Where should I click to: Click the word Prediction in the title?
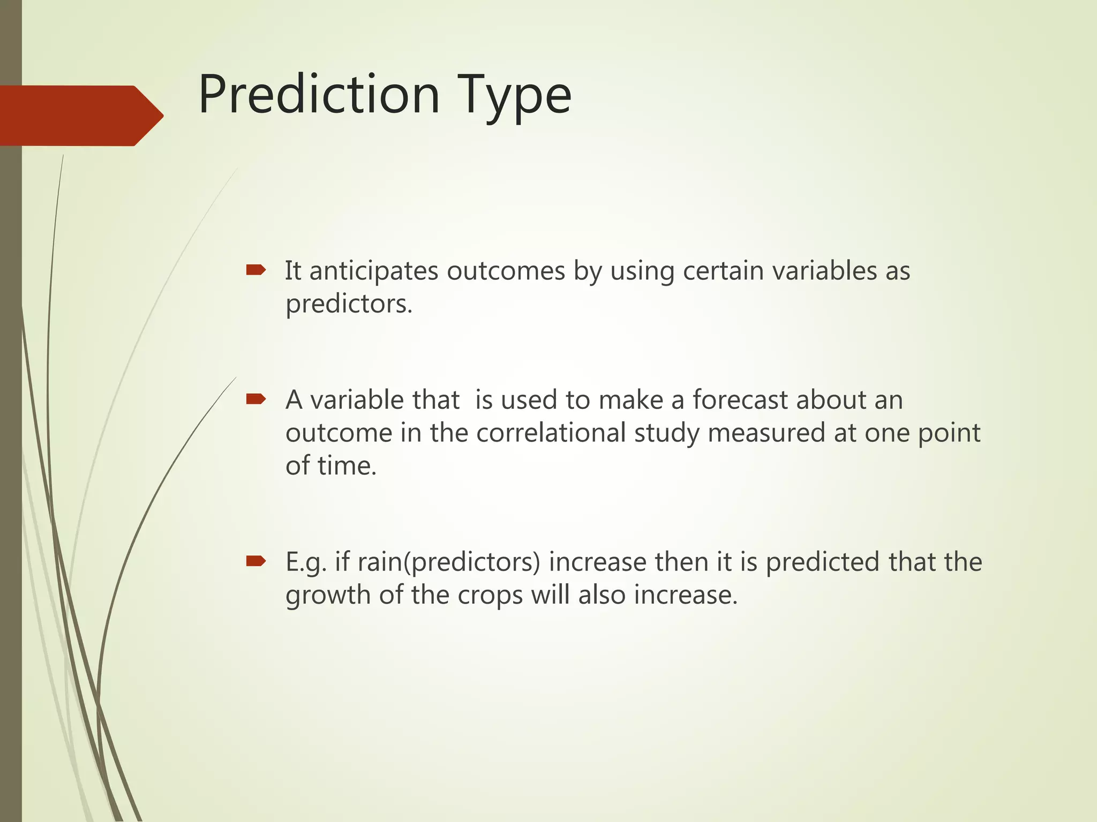tap(319, 95)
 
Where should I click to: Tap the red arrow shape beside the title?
tap(80, 116)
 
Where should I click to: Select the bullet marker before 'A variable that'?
tap(256, 399)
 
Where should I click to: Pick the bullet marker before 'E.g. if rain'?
tap(256, 561)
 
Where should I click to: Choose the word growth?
tap(328, 596)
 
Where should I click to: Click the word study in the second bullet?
tap(666, 434)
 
